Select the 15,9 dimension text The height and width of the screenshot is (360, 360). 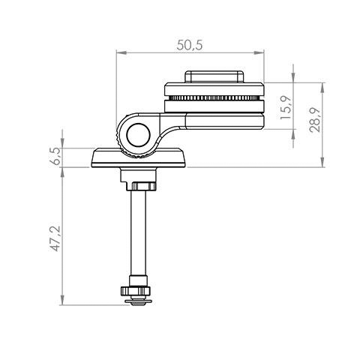click(x=286, y=106)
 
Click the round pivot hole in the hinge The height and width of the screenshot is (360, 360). click(x=138, y=135)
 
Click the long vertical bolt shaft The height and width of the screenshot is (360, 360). click(x=138, y=232)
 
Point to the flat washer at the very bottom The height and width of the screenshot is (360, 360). click(x=138, y=302)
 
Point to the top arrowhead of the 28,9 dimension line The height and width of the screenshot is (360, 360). click(x=322, y=85)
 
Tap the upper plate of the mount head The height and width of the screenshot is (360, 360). click(x=214, y=89)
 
